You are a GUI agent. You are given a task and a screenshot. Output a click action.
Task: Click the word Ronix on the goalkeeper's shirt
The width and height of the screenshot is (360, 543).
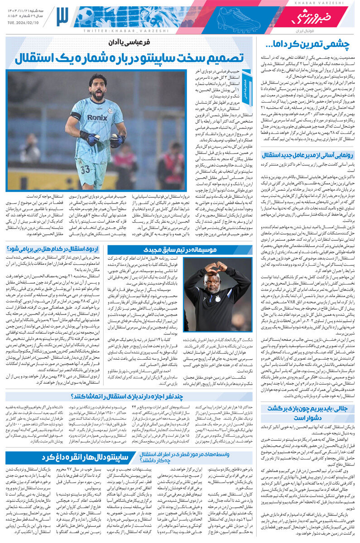[97, 118]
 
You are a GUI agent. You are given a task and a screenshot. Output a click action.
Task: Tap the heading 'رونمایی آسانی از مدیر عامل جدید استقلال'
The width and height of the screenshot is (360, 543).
[307, 154]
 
